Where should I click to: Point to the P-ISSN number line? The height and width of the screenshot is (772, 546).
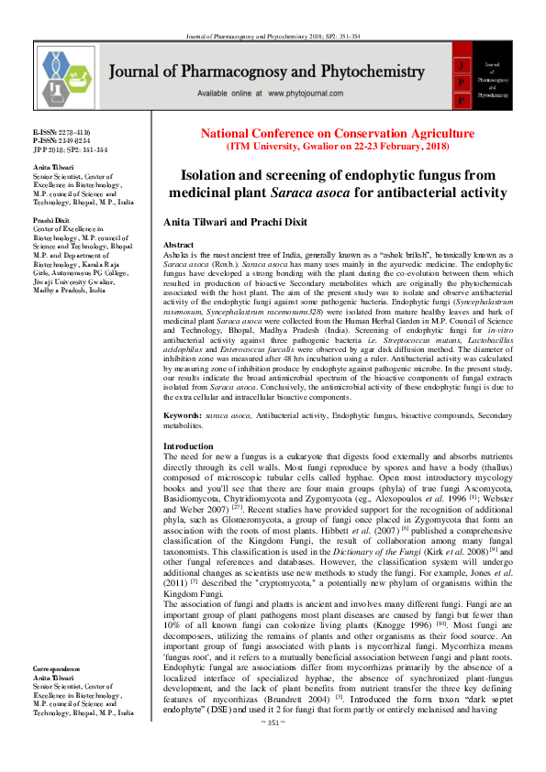(58, 140)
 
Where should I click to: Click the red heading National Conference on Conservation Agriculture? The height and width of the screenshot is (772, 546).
(338, 133)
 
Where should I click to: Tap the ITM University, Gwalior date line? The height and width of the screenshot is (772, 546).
(338, 146)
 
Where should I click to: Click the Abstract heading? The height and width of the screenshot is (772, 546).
(178, 246)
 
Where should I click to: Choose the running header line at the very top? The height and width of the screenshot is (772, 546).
(273, 9)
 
